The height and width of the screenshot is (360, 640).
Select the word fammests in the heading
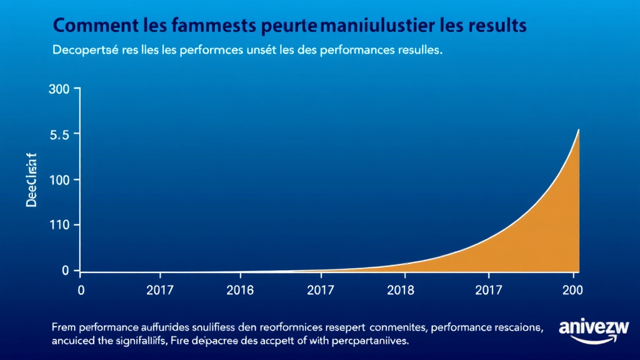coord(206,26)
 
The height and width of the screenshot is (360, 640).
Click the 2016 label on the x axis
coord(241,290)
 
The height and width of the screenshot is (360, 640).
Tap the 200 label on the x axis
coord(572,290)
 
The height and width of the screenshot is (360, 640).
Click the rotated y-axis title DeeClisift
coord(32,181)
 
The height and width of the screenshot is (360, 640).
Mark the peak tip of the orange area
coord(578,130)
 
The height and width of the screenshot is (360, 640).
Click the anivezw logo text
coord(594,327)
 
